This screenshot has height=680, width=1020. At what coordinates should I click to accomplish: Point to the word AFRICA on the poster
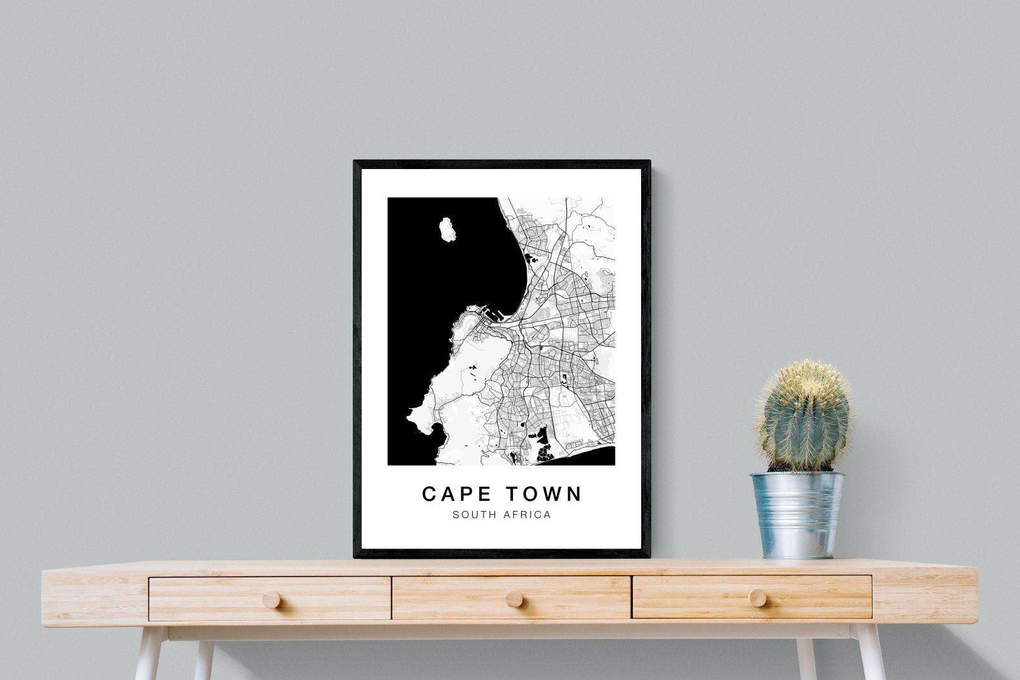pyautogui.click(x=528, y=515)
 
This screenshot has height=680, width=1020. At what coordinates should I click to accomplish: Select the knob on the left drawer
pyautogui.click(x=270, y=599)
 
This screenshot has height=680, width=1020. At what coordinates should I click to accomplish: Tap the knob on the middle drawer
pyautogui.click(x=511, y=599)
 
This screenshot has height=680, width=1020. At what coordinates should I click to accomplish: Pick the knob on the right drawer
pyautogui.click(x=758, y=597)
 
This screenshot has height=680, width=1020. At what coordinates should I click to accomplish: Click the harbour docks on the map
pyautogui.click(x=491, y=314)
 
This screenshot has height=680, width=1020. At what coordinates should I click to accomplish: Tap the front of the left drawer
pyautogui.click(x=270, y=598)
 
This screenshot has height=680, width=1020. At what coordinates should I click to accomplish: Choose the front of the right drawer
pyautogui.click(x=752, y=596)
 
